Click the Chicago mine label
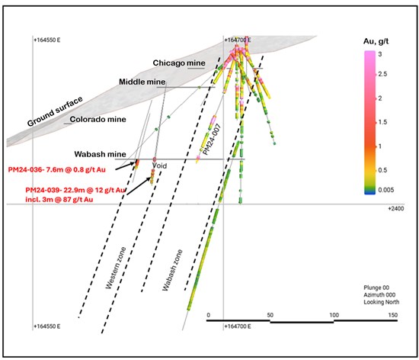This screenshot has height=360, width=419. click(x=179, y=63)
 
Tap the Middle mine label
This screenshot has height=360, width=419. click(x=142, y=82)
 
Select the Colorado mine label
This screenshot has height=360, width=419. click(x=98, y=119)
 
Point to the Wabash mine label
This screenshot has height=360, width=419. click(x=101, y=154)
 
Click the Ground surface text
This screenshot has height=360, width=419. click(x=55, y=111)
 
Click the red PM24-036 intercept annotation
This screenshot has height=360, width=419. click(x=56, y=169)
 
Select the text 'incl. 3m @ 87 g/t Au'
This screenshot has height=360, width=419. click(x=59, y=200)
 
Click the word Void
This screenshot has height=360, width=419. click(x=159, y=166)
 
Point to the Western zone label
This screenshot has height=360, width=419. click(x=116, y=268)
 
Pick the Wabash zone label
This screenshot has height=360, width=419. click(x=172, y=270)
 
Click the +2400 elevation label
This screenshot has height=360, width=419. click(x=396, y=209)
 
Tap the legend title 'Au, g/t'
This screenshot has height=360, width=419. click(x=376, y=41)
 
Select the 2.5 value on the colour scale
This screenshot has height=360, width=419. click(x=382, y=74)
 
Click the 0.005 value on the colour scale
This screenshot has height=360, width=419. click(x=386, y=190)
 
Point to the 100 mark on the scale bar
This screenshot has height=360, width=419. click(x=334, y=315)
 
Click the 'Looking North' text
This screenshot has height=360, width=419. click(x=382, y=302)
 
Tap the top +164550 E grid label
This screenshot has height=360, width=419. click(x=47, y=40)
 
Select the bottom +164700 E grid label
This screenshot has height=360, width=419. click(x=238, y=326)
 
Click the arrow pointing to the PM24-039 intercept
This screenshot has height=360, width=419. click(x=139, y=186)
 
